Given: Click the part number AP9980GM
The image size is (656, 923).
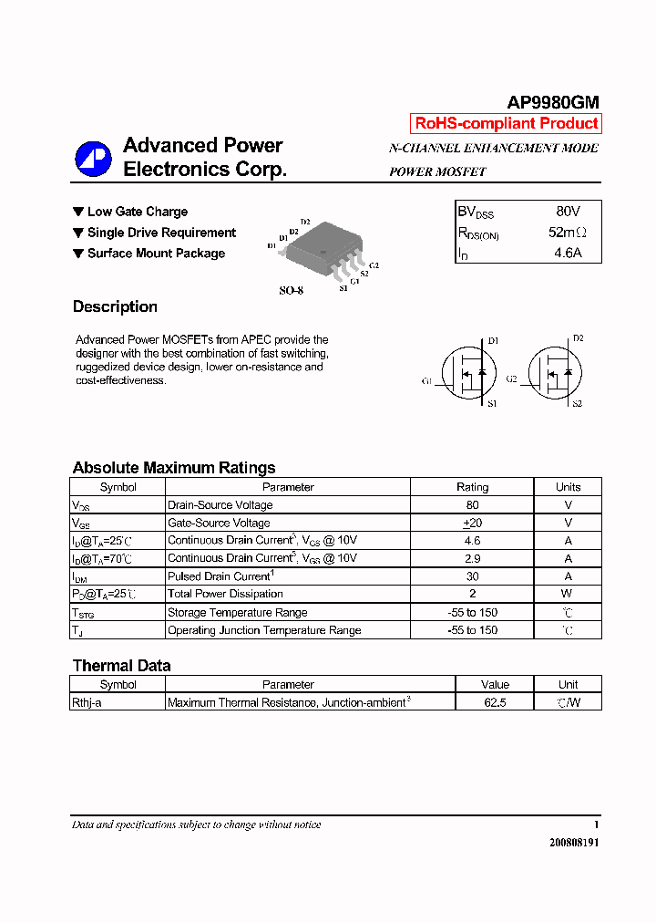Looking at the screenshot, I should (x=553, y=103).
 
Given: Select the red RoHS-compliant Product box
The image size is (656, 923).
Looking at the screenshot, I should (x=507, y=124).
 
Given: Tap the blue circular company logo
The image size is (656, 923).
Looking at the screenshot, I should (x=93, y=159).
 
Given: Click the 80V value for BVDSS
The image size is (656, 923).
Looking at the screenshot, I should (x=568, y=212).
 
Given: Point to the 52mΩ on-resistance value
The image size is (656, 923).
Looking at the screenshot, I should (x=568, y=233).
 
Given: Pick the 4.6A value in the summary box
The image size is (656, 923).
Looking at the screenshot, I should (x=568, y=254).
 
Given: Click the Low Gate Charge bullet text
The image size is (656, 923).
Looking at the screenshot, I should (x=137, y=212).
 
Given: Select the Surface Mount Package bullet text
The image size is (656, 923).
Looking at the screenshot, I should (x=156, y=254).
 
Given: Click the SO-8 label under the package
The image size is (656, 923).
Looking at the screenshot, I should (x=291, y=291).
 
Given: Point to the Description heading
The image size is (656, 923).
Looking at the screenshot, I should (x=115, y=307).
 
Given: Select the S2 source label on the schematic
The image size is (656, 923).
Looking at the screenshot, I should (x=577, y=403).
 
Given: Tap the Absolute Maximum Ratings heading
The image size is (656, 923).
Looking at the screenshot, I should (x=173, y=468).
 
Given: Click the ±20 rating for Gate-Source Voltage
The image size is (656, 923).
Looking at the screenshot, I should (x=472, y=523).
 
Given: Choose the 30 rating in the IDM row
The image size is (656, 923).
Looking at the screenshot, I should (x=472, y=576).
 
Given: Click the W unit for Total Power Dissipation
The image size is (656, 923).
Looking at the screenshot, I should (x=568, y=594).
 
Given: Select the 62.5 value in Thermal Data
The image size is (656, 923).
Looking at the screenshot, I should (x=496, y=702).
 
